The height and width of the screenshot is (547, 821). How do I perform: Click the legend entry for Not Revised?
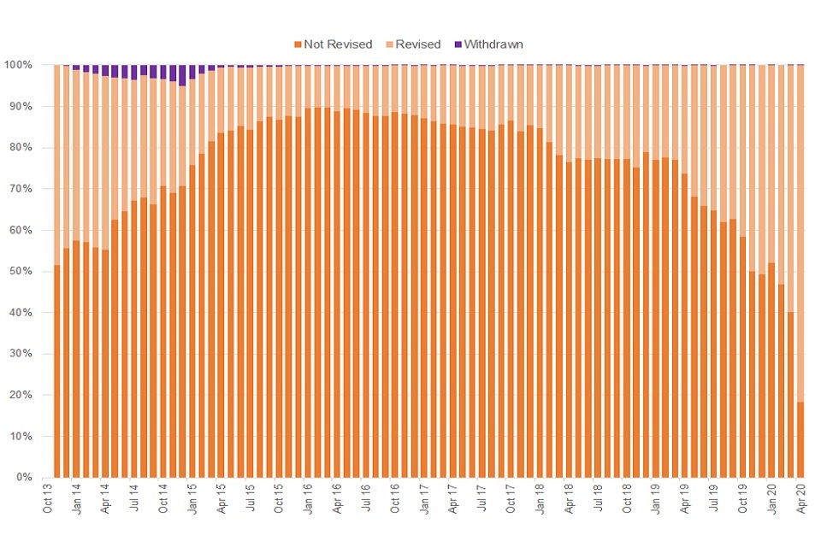pyautogui.click(x=333, y=44)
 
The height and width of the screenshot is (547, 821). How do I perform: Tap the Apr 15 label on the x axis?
pyautogui.click(x=221, y=498)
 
